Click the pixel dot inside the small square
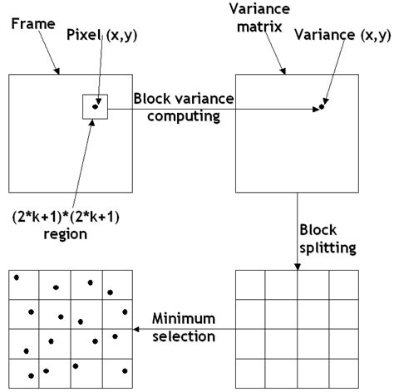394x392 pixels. coord(96,106)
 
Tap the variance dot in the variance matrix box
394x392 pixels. coord(321,107)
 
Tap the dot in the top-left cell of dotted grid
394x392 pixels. coord(16,277)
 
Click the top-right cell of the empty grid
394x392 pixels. coord(344,284)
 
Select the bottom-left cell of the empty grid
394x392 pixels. coord(251,372)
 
